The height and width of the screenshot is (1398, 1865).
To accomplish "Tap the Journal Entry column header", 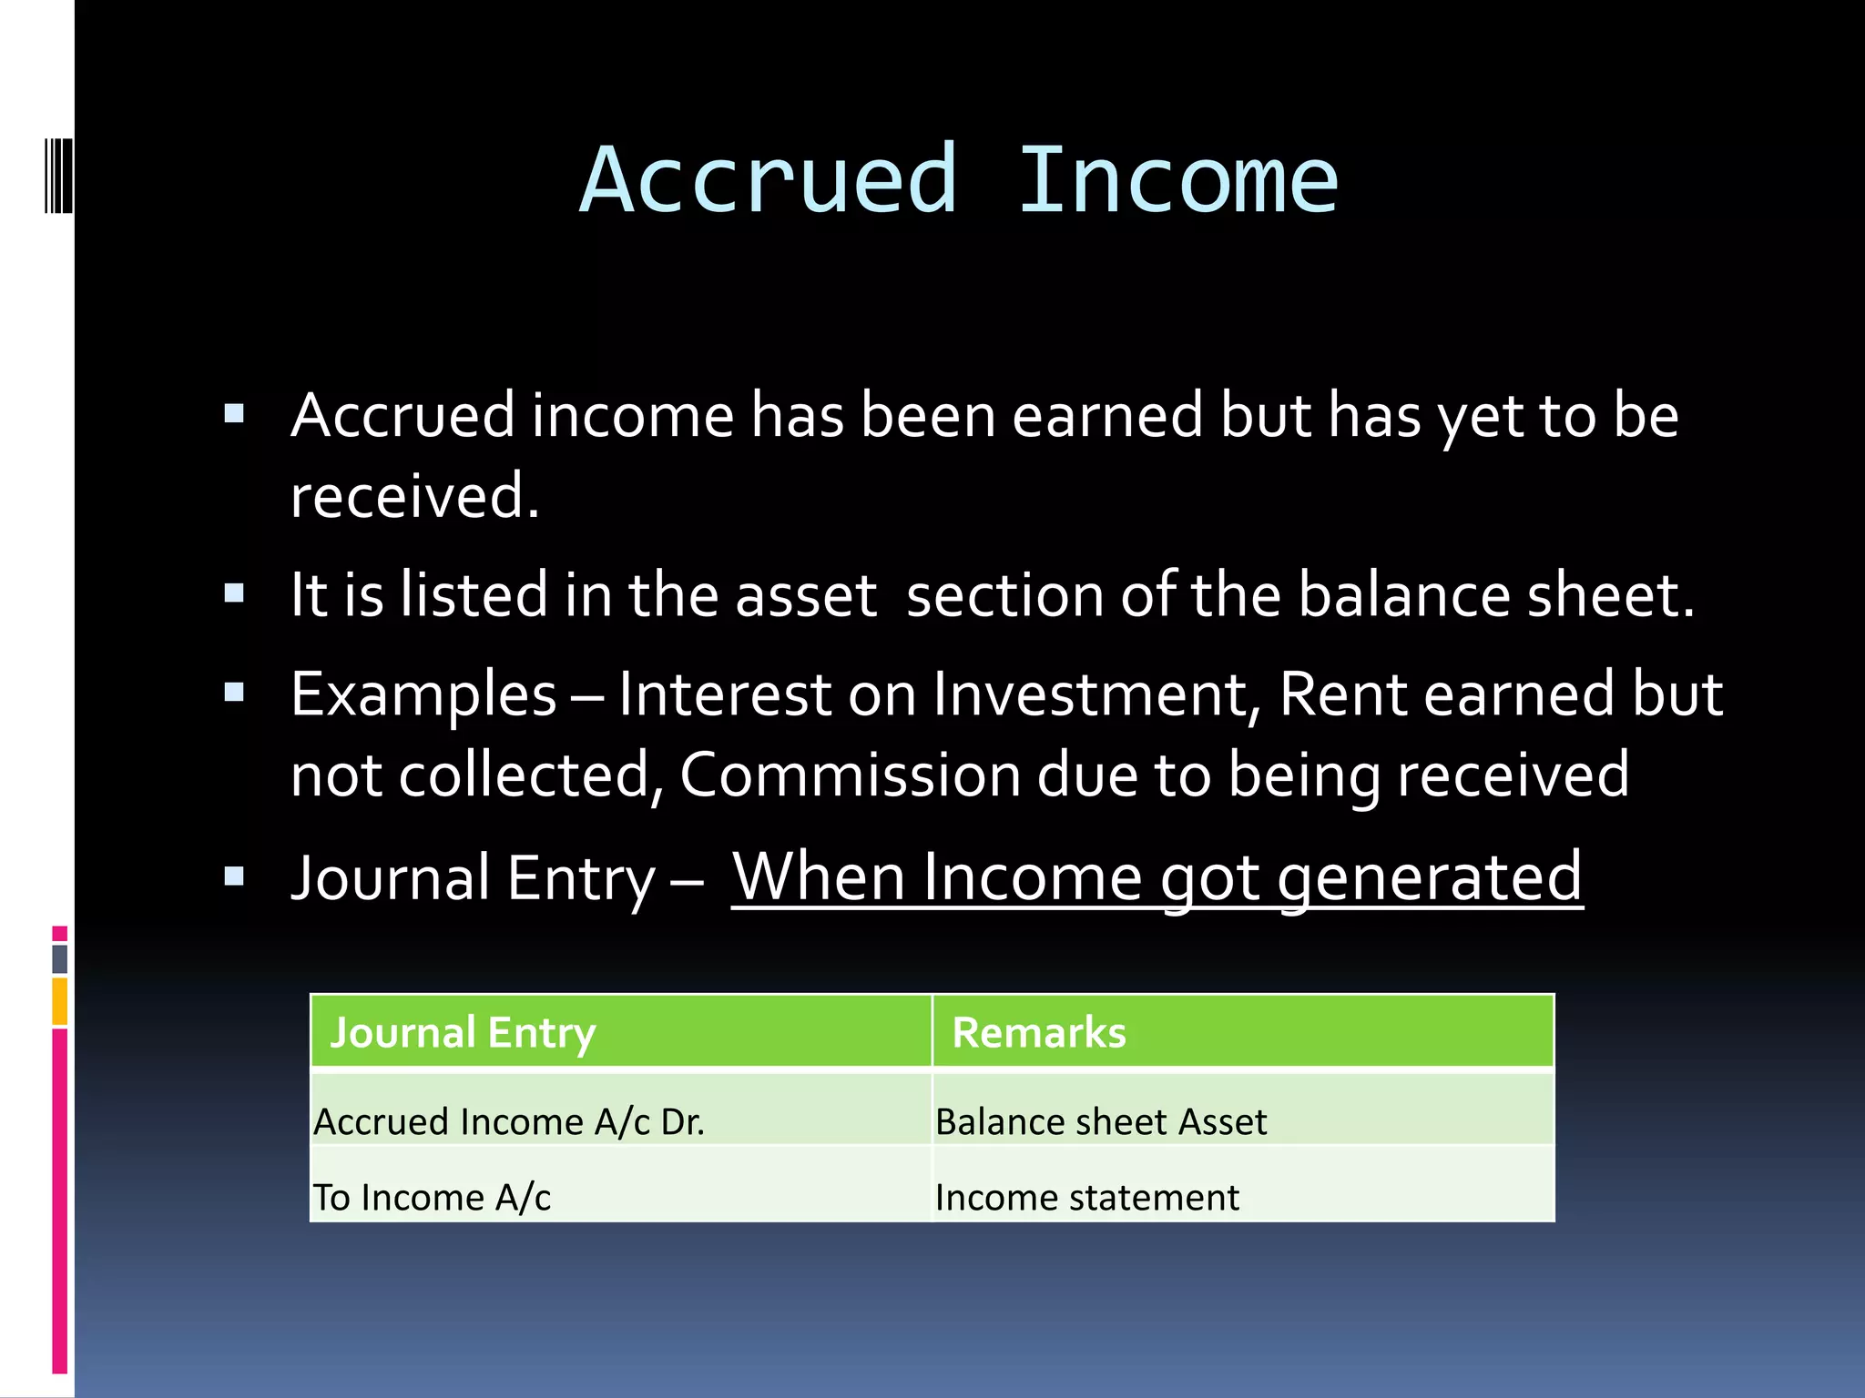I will tap(463, 1032).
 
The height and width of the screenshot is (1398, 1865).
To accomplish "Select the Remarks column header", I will tap(1038, 1032).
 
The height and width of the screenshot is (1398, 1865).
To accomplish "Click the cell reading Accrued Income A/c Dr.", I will tap(509, 1121).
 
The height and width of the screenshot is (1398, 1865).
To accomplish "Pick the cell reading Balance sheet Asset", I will tap(1100, 1121).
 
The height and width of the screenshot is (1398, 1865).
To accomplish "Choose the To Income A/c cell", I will tap(432, 1197).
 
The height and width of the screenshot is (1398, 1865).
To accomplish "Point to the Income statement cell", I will tap(1086, 1197).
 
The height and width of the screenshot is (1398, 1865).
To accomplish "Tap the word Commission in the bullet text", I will tap(850, 775).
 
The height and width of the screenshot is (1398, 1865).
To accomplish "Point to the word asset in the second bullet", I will tap(805, 595).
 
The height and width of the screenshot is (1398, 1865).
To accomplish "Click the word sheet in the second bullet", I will tap(1610, 595).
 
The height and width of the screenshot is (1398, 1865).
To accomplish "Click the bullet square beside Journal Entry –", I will tap(234, 876).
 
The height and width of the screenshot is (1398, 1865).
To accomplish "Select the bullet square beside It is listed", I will tap(234, 594).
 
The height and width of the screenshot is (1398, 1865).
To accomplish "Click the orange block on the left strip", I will tap(60, 1001).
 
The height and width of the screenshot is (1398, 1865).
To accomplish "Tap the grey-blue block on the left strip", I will tap(60, 958).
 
